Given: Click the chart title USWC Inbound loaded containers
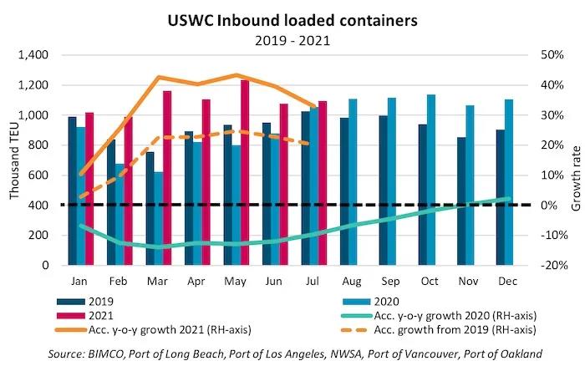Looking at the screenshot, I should pos(292,18).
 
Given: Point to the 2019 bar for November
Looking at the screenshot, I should pos(461,201).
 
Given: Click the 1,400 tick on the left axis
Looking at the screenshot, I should pos(34,55).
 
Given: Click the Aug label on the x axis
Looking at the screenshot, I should pos(347,282).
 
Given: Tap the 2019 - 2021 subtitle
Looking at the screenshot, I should pos(292,38).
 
